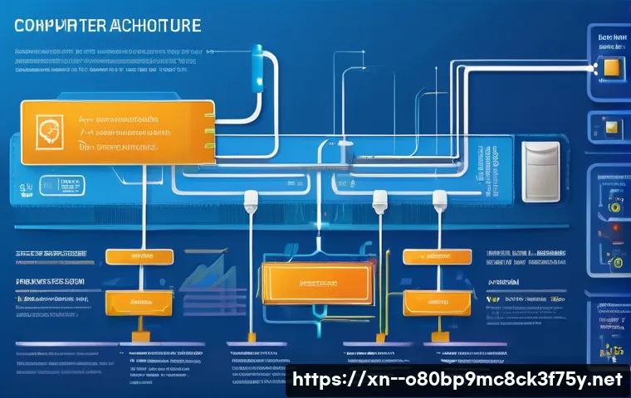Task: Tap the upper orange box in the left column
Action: point(139,258)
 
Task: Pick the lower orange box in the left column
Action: point(139,301)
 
